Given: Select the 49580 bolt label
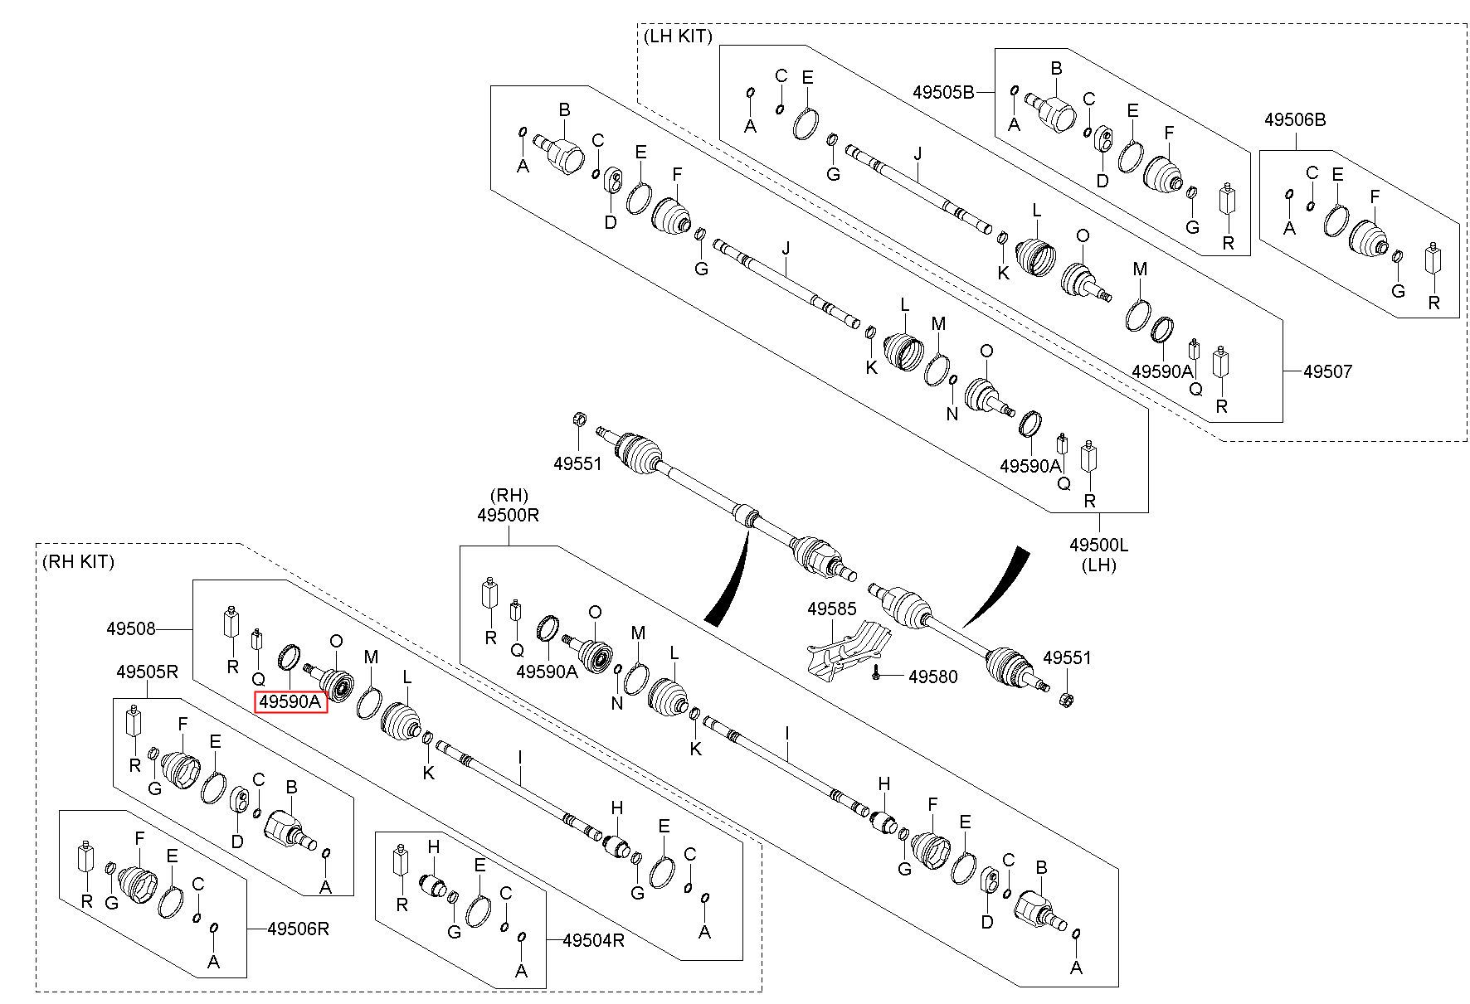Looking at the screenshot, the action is click(932, 677).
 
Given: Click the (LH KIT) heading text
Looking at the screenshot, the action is click(678, 36).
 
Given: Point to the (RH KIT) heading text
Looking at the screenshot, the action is click(78, 561).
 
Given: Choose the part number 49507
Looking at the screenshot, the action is click(1327, 371).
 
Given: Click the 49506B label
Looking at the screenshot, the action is click(1295, 119).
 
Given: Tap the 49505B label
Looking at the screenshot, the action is click(944, 92).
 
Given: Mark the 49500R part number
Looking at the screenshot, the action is click(509, 515).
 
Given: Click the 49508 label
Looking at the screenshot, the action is click(130, 629).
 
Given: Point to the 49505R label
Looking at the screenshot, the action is click(148, 672).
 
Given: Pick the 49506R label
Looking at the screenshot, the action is click(299, 929).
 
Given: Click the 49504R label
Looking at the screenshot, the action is click(593, 940).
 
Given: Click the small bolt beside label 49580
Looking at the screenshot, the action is click(877, 677).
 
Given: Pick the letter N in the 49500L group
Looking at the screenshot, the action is click(952, 413).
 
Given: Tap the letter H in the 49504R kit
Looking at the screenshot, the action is click(432, 847).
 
